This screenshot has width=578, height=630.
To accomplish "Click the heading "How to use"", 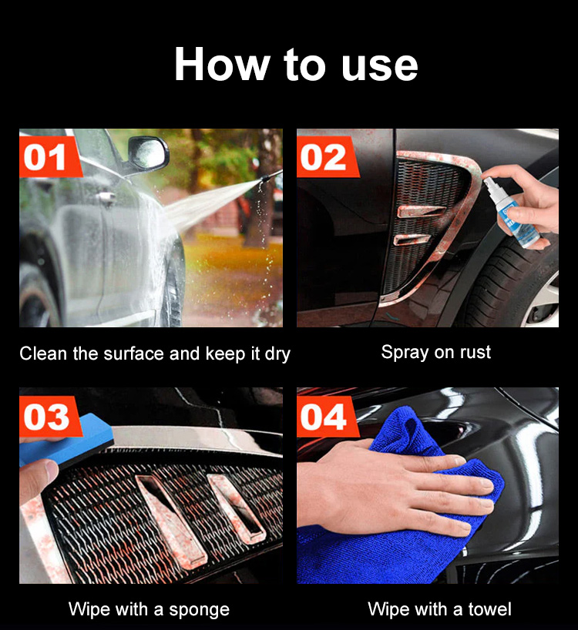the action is click(296, 64).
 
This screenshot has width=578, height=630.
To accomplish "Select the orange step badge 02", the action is click(327, 156).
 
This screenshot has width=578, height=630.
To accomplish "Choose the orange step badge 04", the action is click(327, 416).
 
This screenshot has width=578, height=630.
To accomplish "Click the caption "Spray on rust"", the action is click(436, 353).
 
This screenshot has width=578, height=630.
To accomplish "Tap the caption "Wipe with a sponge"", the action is click(149, 609).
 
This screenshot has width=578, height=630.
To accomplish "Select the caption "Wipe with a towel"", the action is click(440, 609).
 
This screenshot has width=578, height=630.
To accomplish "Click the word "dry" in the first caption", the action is click(277, 354).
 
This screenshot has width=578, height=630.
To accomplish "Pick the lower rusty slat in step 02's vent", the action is click(412, 240).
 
